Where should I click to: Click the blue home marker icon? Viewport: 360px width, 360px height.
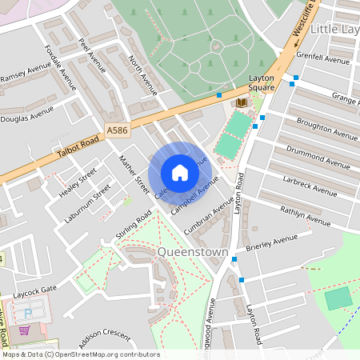coord(180,173)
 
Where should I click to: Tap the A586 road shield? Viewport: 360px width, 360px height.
coord(116,128)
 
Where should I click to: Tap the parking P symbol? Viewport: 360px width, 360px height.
coord(29,314)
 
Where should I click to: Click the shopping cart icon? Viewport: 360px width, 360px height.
coord(24,330)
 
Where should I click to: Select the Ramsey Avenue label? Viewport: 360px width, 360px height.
coord(25,75)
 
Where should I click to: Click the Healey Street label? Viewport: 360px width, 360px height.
coord(78,182)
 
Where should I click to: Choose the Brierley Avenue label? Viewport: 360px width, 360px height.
coord(272,242)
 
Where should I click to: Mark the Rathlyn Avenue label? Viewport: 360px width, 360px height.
coord(305,215)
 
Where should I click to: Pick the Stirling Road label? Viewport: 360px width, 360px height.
coord(134,227)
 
